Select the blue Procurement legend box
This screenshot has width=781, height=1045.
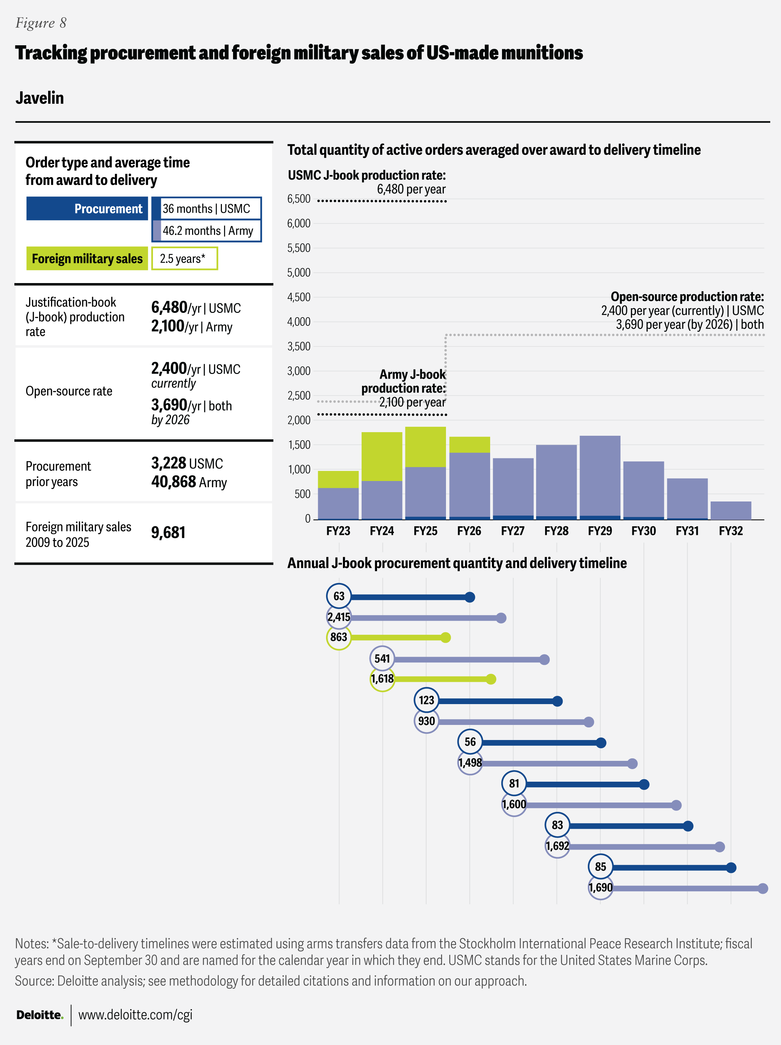(87, 208)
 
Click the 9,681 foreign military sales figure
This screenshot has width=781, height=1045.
(168, 532)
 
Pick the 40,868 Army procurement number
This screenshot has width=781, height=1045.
(173, 482)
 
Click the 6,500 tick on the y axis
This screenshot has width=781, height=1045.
(299, 199)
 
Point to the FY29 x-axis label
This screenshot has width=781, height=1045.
(600, 531)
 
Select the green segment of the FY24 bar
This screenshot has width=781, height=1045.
(382, 456)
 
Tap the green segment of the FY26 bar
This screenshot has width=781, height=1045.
(469, 445)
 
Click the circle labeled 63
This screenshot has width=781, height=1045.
(339, 596)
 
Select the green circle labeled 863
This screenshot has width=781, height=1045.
(339, 637)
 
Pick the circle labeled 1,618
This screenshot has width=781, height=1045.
(382, 679)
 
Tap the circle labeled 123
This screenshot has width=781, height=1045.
(426, 700)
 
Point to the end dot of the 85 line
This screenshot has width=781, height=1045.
(731, 868)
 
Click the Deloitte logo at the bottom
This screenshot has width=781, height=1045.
(39, 1015)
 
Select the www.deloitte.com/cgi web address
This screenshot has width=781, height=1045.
(135, 1015)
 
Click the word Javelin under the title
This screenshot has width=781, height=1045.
(39, 98)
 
